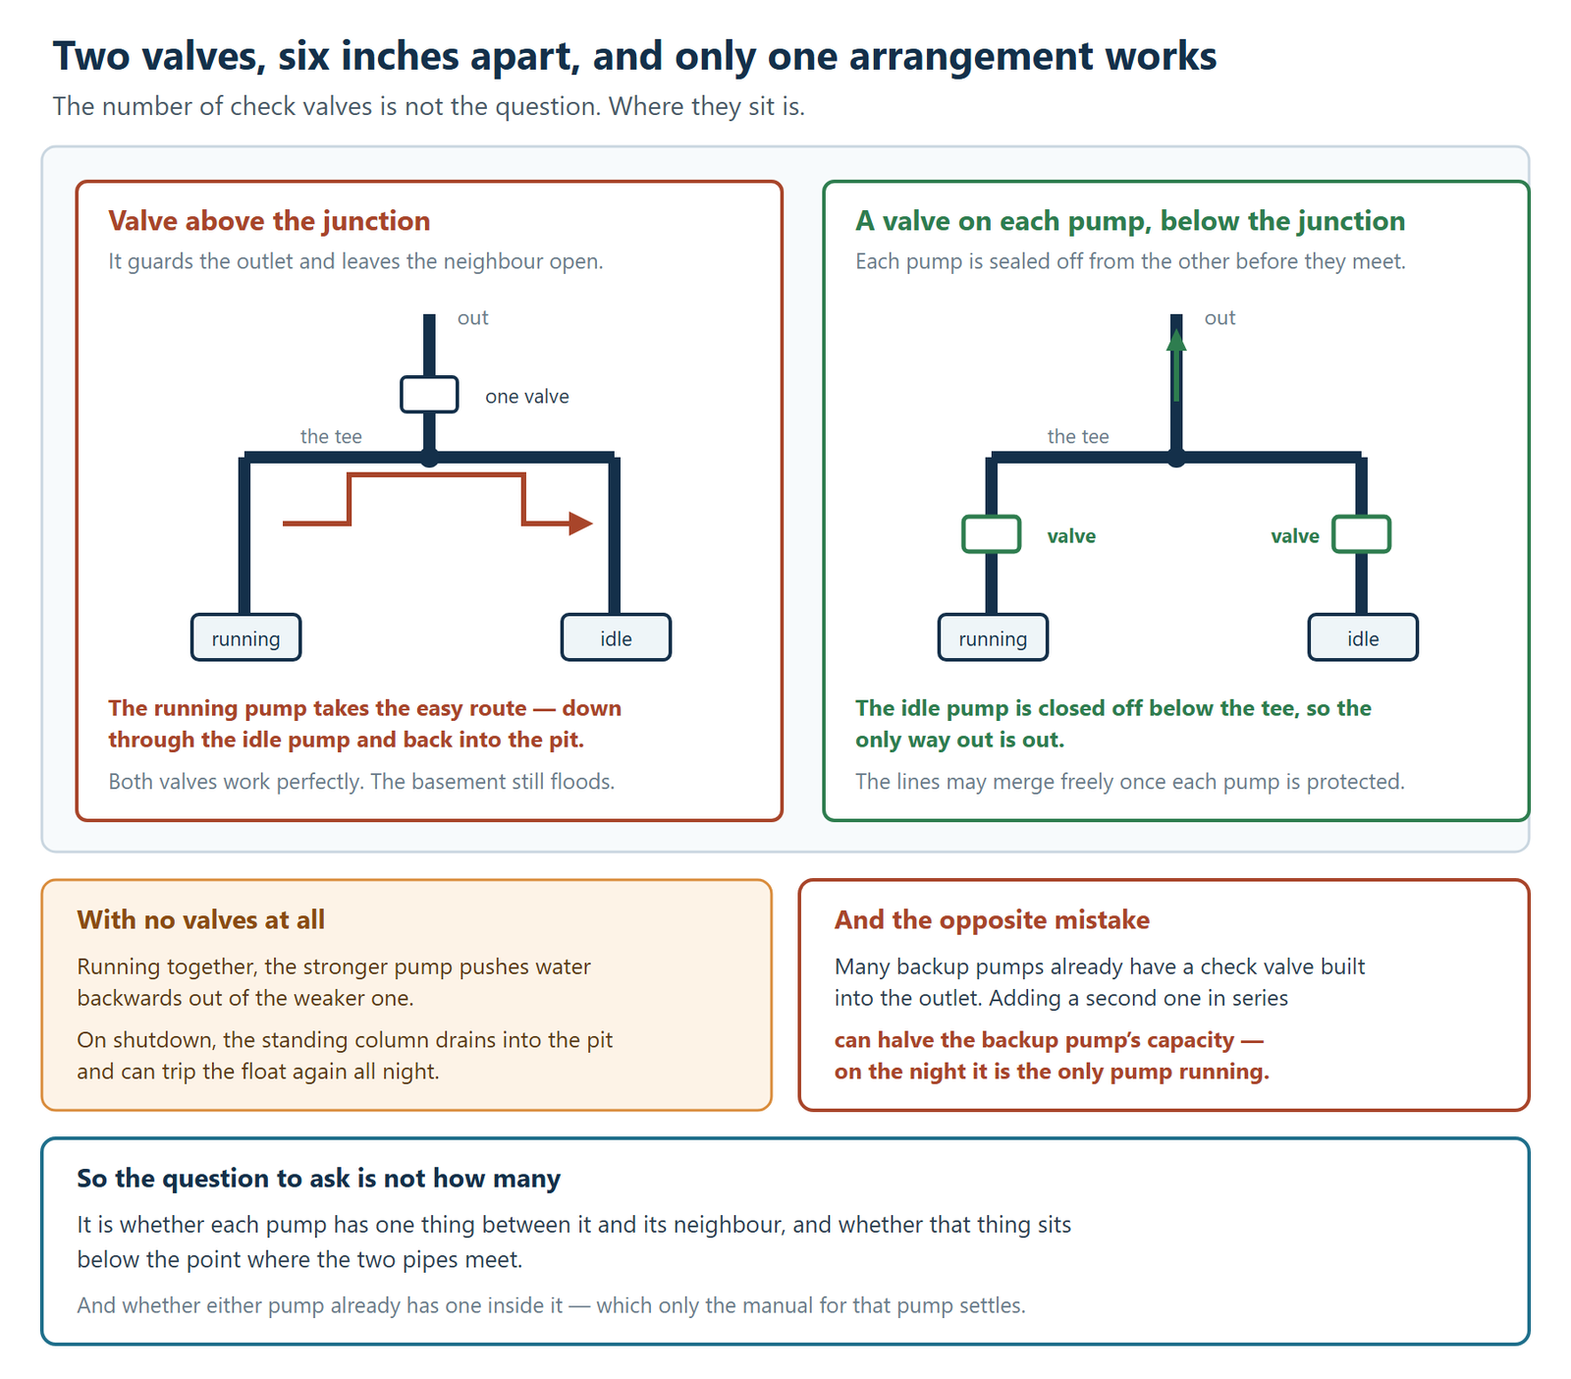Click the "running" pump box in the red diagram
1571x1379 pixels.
click(245, 637)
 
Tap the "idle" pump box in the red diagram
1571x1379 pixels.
click(616, 637)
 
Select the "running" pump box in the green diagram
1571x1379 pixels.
click(993, 637)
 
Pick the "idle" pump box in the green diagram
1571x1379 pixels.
click(1363, 637)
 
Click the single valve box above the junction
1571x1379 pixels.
click(429, 395)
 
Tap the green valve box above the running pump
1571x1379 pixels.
click(992, 534)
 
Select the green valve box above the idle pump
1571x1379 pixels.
click(1362, 534)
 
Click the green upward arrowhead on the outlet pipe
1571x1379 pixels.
click(1176, 340)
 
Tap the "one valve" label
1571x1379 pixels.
click(527, 397)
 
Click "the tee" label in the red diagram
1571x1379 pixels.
click(331, 436)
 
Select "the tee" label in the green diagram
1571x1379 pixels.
click(1078, 436)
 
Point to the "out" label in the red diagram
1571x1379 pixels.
click(472, 318)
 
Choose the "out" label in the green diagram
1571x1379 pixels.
click(1219, 318)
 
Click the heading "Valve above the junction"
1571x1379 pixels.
click(269, 221)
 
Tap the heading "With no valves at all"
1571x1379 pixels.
click(200, 919)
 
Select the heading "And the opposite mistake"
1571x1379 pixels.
click(992, 919)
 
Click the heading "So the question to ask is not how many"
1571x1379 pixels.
click(318, 1179)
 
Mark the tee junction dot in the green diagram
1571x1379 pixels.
click(1176, 458)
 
